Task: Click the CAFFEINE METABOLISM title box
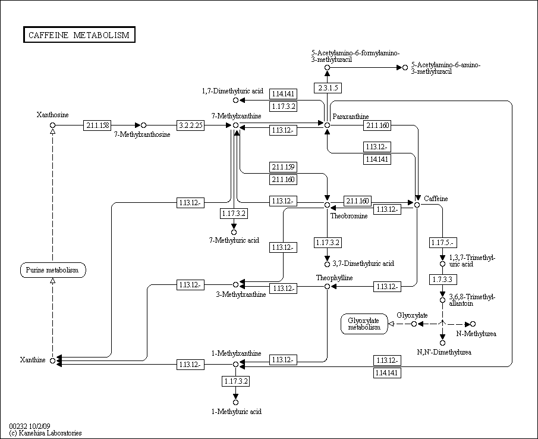(79, 35)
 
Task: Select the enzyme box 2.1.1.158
(97, 126)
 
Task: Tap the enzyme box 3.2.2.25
(190, 126)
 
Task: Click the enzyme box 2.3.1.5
(328, 88)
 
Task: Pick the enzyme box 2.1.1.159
(283, 167)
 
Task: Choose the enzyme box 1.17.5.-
(443, 243)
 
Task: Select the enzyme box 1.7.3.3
(443, 280)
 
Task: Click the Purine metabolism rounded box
(53, 270)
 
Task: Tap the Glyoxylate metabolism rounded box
(364, 324)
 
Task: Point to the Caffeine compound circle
(417, 205)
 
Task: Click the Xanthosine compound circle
(52, 126)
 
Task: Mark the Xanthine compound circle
(52, 360)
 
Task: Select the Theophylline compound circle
(328, 286)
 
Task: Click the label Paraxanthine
(351, 117)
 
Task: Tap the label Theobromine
(349, 216)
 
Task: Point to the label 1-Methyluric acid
(237, 412)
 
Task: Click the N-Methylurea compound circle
(473, 324)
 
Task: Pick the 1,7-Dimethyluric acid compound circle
(235, 100)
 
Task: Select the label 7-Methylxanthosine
(142, 134)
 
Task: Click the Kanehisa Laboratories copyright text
(46, 433)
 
